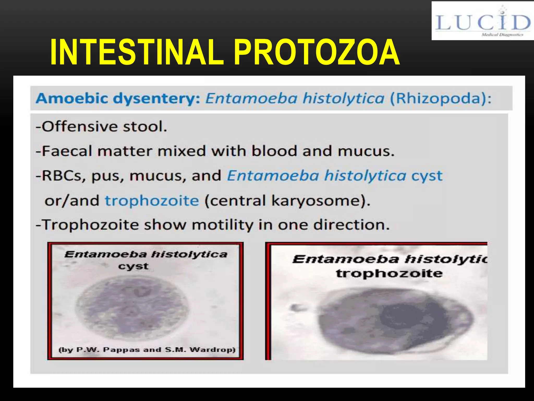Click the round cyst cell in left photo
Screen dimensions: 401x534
click(x=132, y=308)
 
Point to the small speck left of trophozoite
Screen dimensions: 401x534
click(x=296, y=308)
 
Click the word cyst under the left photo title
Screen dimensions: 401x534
click(x=133, y=267)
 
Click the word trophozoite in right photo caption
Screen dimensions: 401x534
click(x=389, y=274)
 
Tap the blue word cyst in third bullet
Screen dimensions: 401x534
click(x=427, y=176)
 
